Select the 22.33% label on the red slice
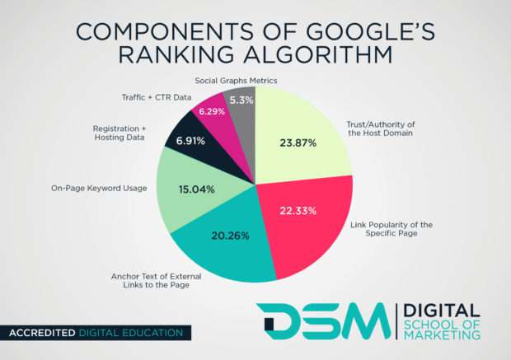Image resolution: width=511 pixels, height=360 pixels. click(298, 211)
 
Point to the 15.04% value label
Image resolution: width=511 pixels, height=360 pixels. click(196, 189)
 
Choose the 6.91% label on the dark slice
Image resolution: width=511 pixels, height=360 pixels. click(188, 143)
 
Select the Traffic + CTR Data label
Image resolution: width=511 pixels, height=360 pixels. click(154, 96)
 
